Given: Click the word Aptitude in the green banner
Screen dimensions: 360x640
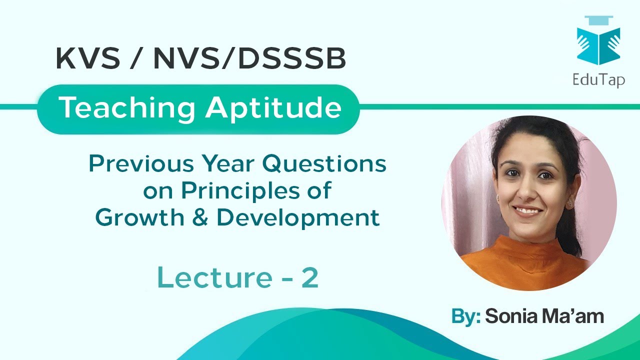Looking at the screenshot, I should (x=273, y=108).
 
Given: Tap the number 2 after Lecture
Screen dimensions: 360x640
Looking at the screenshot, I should (x=310, y=278).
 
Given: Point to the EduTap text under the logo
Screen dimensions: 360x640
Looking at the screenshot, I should (x=599, y=79).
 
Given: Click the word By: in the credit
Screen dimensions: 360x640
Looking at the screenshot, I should (x=465, y=316).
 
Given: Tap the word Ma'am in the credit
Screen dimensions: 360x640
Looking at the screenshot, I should (x=574, y=316).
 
